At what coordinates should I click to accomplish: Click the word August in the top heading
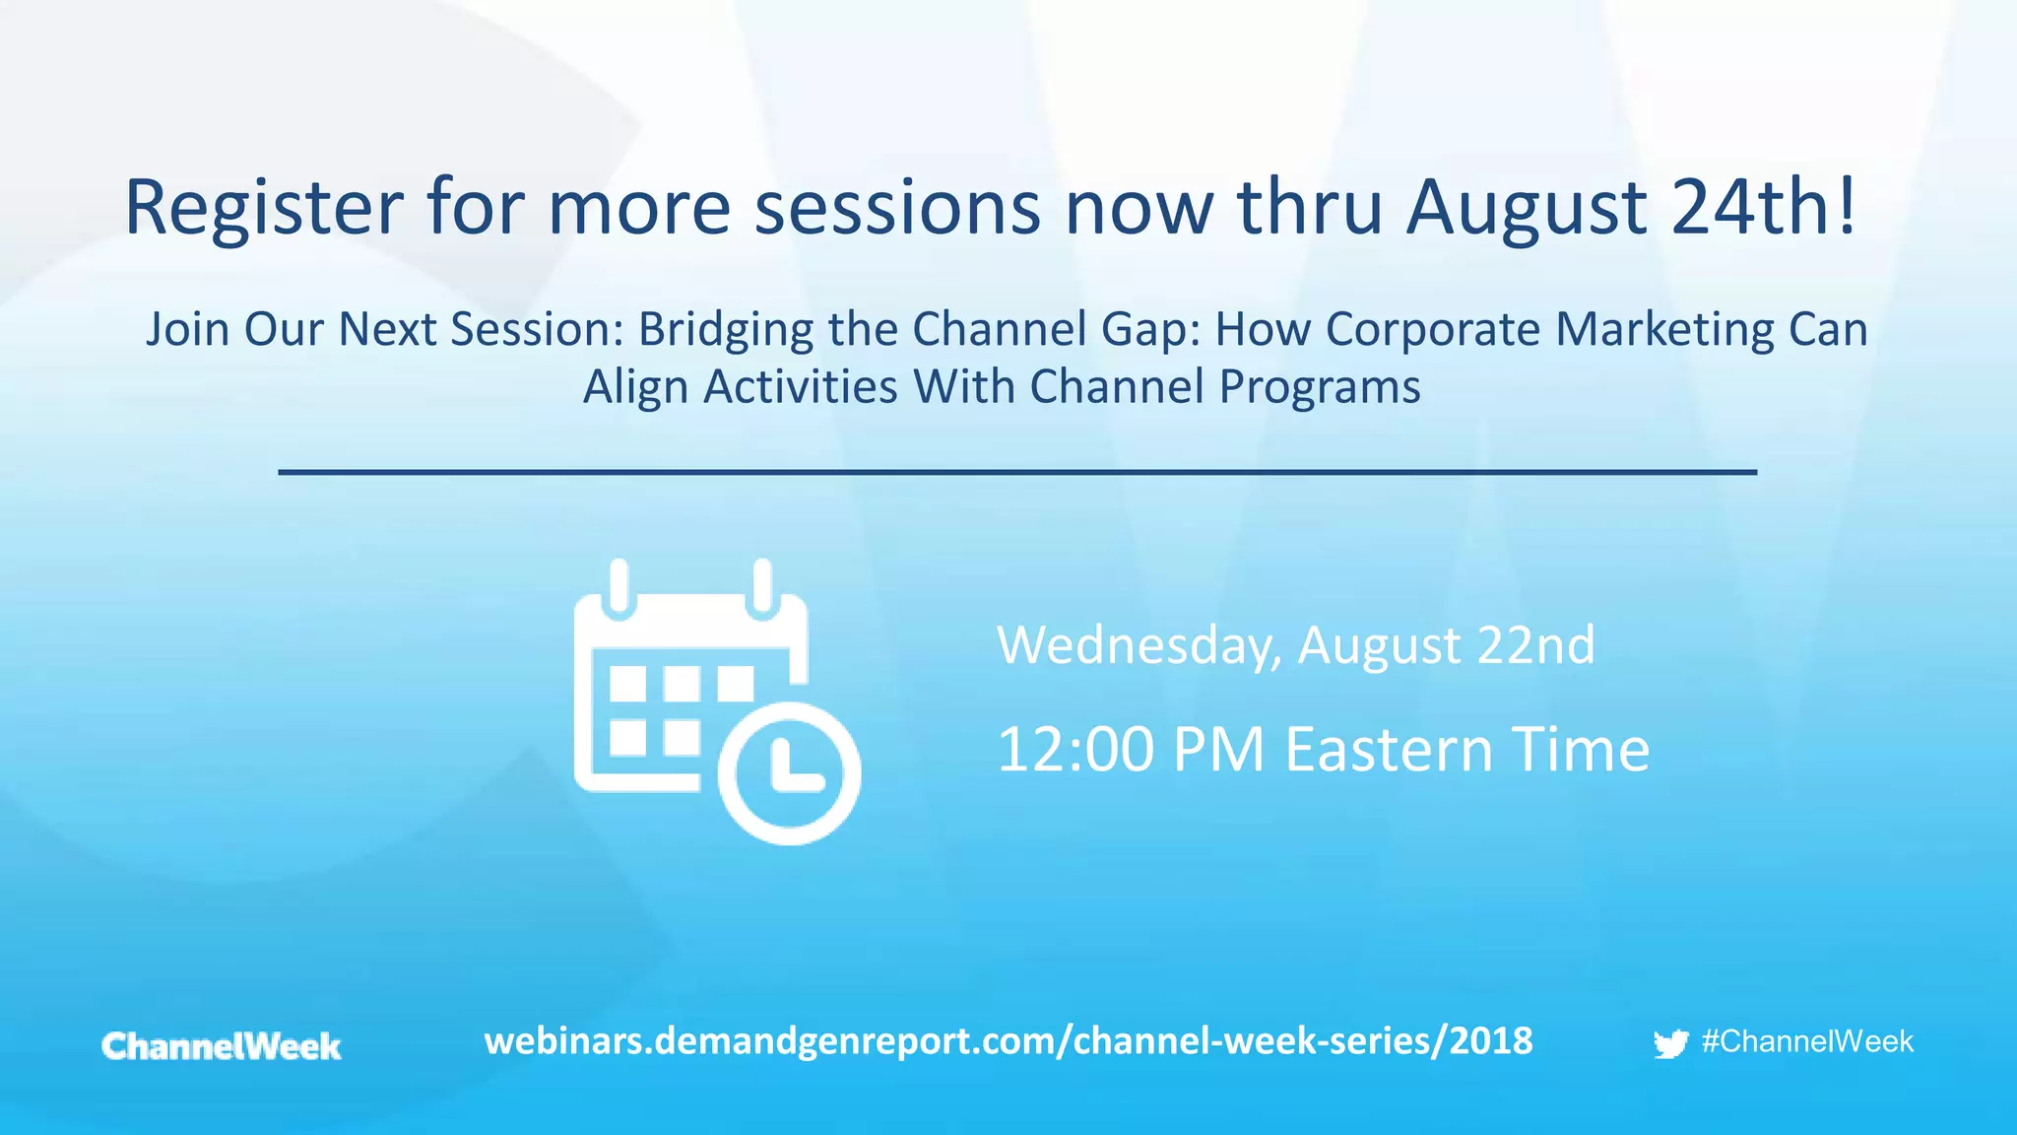click(x=1527, y=209)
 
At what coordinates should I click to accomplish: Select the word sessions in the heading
click(x=897, y=209)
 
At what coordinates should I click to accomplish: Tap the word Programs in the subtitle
click(x=1320, y=386)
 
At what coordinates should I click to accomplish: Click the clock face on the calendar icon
click(x=790, y=773)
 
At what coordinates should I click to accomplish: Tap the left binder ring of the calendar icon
click(x=618, y=585)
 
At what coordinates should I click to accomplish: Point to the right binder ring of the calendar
click(x=762, y=585)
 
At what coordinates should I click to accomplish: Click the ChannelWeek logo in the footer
click(x=222, y=1046)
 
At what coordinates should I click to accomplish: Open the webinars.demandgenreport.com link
click(x=1008, y=1041)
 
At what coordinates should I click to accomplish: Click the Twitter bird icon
click(x=1670, y=1043)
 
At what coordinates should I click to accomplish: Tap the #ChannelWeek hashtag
click(x=1806, y=1041)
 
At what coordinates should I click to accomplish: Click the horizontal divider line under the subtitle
click(x=1016, y=473)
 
